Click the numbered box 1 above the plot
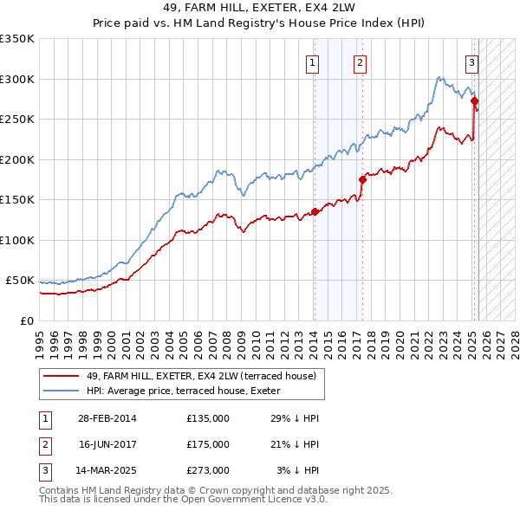click(311, 61)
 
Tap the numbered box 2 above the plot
click(359, 61)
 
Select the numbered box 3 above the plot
click(471, 61)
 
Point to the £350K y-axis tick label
click(17, 39)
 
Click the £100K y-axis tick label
click(17, 240)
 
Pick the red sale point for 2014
click(315, 211)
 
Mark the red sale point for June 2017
click(362, 179)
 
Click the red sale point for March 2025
click(474, 101)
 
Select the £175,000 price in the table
click(208, 444)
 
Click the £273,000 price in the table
click(208, 470)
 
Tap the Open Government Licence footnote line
click(181, 501)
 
